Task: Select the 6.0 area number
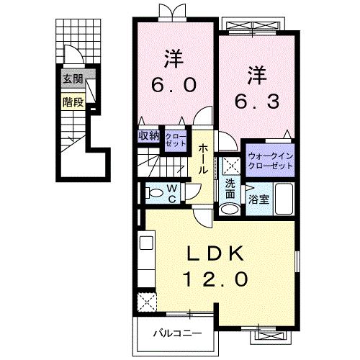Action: click(173, 85)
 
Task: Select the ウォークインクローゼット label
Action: click(271, 161)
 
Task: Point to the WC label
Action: click(172, 193)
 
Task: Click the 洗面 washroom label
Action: click(230, 189)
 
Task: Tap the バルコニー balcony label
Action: click(176, 333)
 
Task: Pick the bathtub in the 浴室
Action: click(284, 199)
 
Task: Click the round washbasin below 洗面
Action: click(230, 209)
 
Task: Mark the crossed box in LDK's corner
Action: click(148, 301)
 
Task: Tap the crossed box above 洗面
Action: click(230, 165)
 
